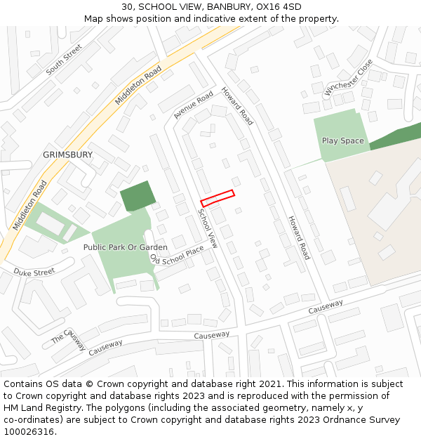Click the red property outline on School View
tap(218, 198)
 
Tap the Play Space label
tap(342, 140)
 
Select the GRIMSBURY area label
tap(68, 155)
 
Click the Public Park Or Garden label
tap(126, 247)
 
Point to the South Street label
tap(64, 60)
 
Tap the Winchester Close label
tap(349, 77)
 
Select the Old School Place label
tap(177, 255)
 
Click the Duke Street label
tap(34, 272)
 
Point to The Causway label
tap(68, 339)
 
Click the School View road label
tap(208, 228)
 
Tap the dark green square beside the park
tap(137, 196)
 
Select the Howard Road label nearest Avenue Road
tap(237, 107)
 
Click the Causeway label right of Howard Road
tap(326, 307)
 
